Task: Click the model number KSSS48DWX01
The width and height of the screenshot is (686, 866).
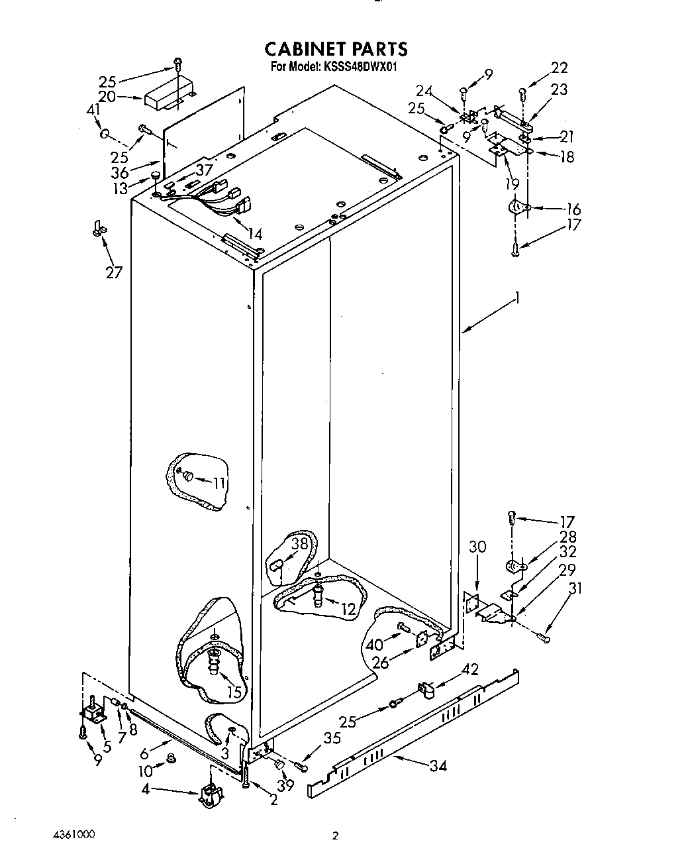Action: pyautogui.click(x=360, y=66)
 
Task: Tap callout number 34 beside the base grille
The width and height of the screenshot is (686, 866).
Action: pyautogui.click(x=437, y=766)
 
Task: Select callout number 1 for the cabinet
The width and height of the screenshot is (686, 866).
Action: pyautogui.click(x=517, y=299)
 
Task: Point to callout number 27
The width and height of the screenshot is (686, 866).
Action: pyautogui.click(x=114, y=272)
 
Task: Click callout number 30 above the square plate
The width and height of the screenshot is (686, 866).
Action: pyautogui.click(x=477, y=547)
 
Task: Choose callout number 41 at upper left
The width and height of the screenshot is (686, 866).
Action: pyautogui.click(x=93, y=110)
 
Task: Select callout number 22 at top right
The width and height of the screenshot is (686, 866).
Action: pyautogui.click(x=559, y=68)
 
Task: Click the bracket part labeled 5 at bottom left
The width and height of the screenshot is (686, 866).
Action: pyautogui.click(x=91, y=714)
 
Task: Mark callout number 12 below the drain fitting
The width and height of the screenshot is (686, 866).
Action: pyautogui.click(x=347, y=609)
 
